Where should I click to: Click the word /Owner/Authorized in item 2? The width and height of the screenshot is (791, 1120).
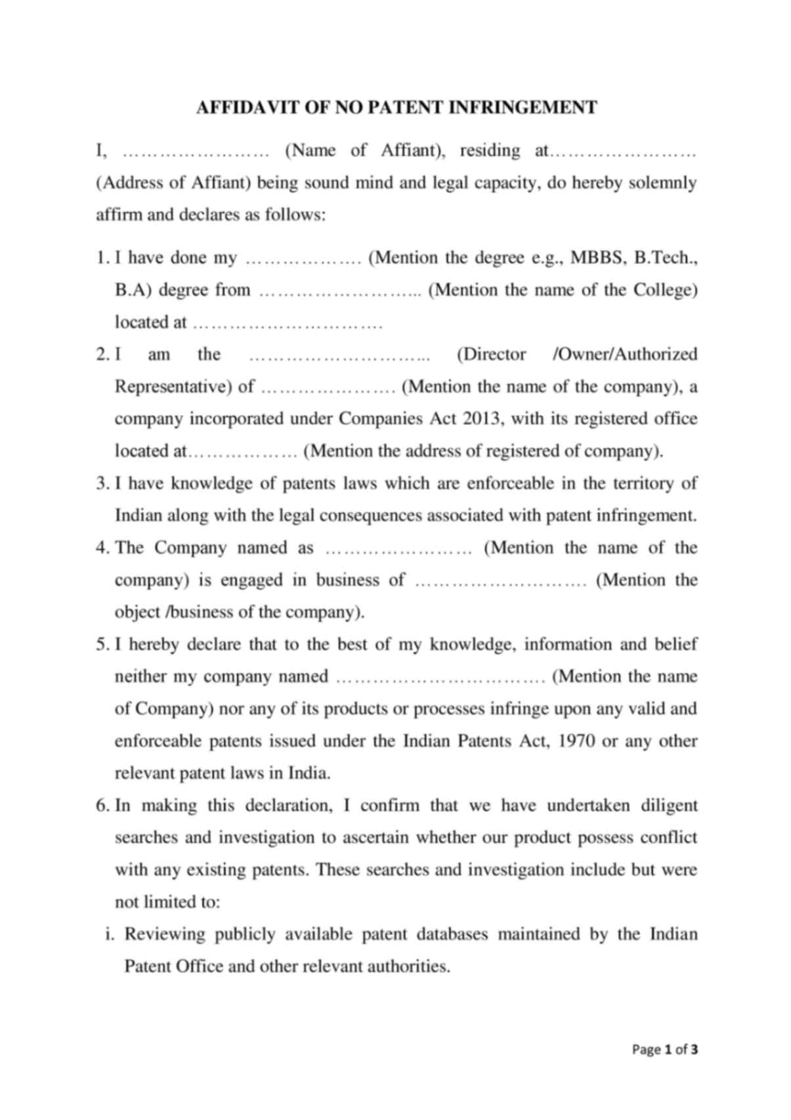pos(625,355)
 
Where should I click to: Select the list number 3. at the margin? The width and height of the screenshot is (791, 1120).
pos(102,484)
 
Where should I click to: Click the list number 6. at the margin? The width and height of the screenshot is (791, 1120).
pos(102,806)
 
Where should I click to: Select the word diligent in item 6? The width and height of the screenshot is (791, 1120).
pos(668,806)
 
